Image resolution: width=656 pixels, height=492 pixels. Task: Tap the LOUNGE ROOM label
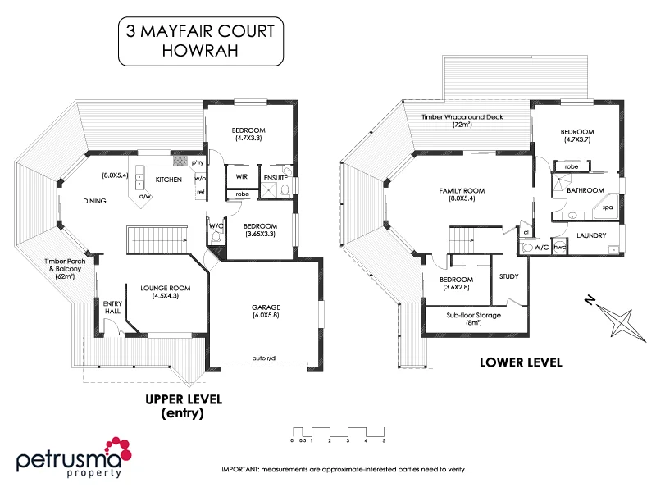(165, 288)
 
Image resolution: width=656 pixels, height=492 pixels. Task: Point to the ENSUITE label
(275, 176)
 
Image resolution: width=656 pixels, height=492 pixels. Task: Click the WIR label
(242, 176)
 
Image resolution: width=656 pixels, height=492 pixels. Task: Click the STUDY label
(508, 276)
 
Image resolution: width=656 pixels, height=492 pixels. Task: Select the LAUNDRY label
(591, 236)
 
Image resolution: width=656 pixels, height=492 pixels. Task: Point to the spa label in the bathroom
(608, 207)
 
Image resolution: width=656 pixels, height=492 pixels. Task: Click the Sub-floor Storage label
(474, 315)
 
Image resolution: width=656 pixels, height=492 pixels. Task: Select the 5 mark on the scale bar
(384, 441)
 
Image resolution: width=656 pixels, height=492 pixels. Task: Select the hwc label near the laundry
(561, 247)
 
